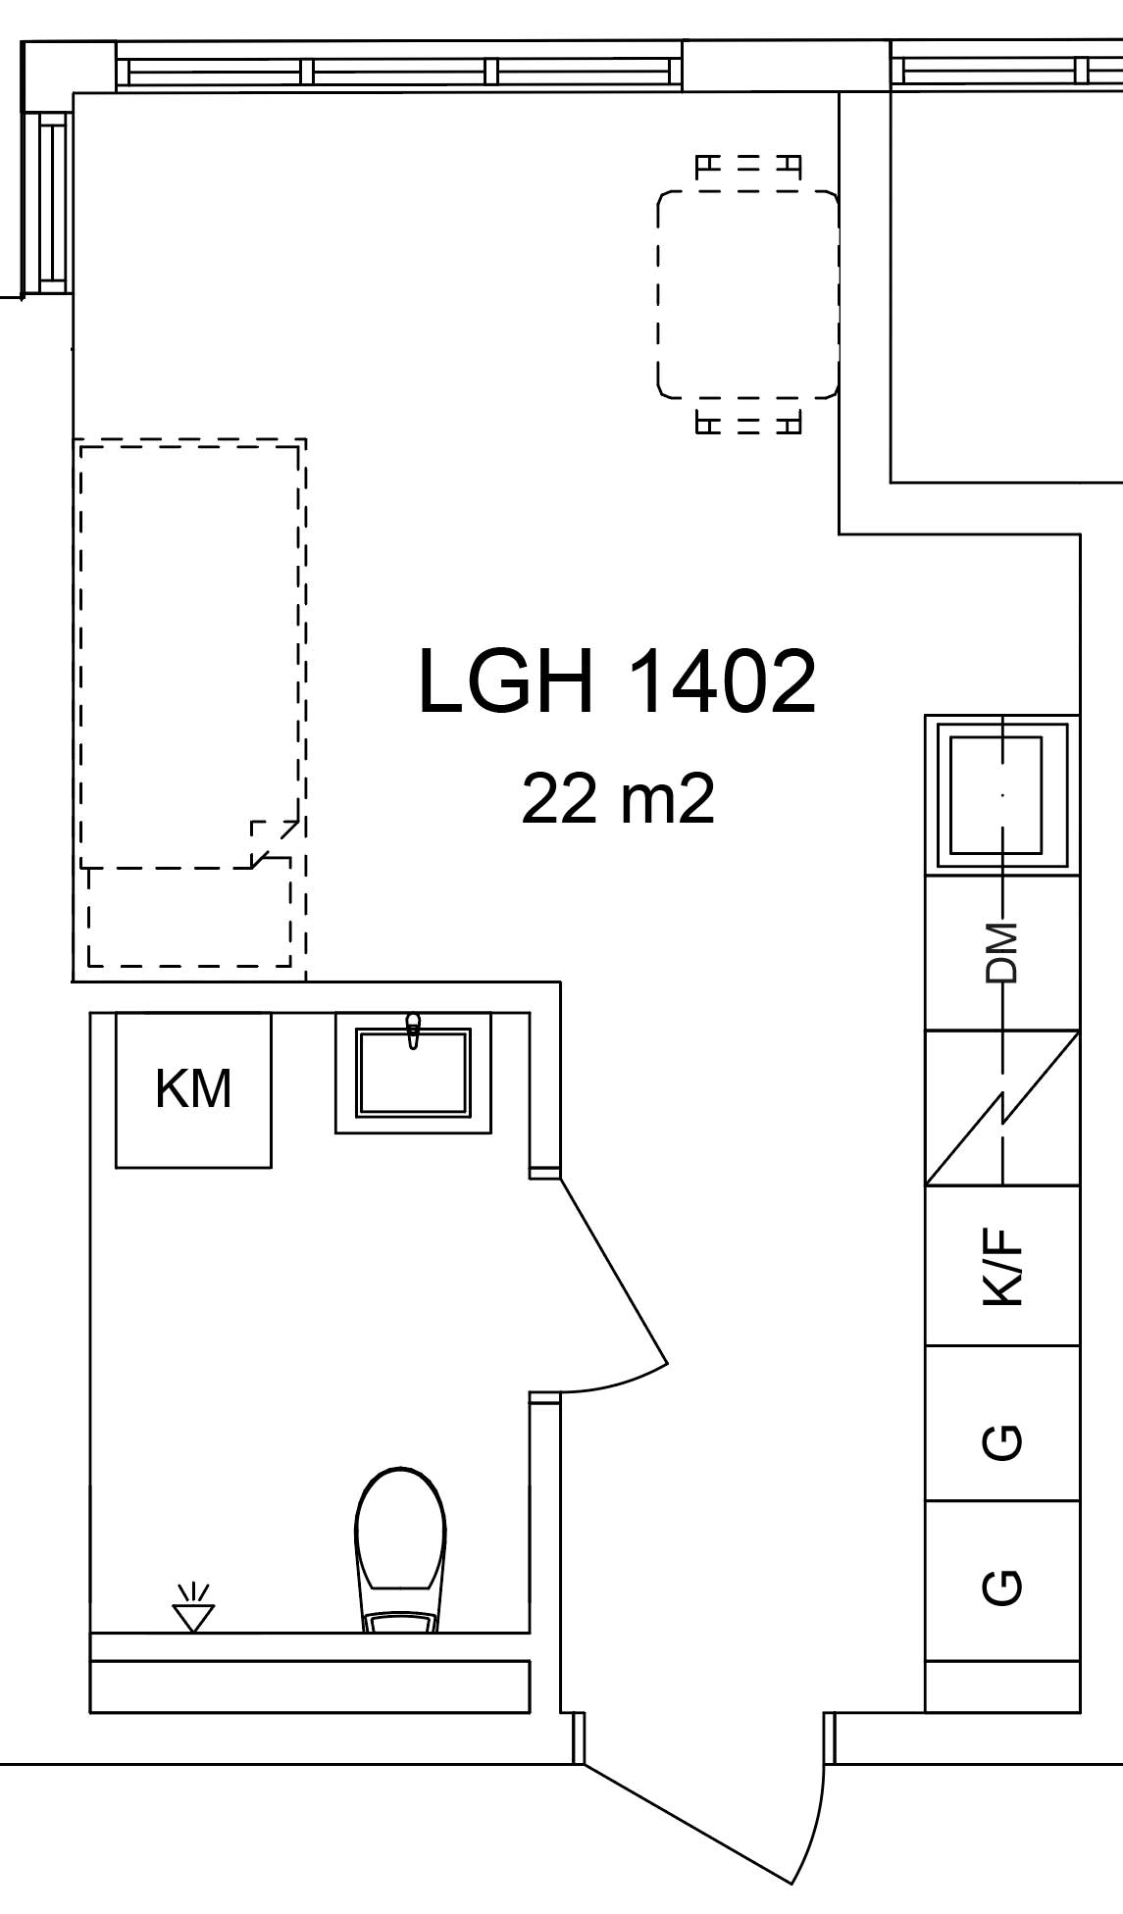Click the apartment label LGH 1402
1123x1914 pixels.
coord(617,681)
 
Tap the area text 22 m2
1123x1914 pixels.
coord(618,798)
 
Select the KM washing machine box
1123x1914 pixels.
coord(193,1089)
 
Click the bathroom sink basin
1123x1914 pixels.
coord(413,1073)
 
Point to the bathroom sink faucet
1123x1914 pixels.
coord(413,1031)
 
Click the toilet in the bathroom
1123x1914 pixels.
coord(399,1550)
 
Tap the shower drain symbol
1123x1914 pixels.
coord(193,1608)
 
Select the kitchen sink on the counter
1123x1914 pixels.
coord(1002,795)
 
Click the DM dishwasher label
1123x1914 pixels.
coord(1002,952)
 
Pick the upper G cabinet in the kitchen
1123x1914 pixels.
coord(1002,1423)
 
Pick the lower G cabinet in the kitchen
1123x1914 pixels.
coord(1002,1580)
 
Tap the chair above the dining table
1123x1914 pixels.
coord(748,167)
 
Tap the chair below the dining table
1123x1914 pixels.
coord(748,423)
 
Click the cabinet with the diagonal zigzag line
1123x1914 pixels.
coord(1002,1107)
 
